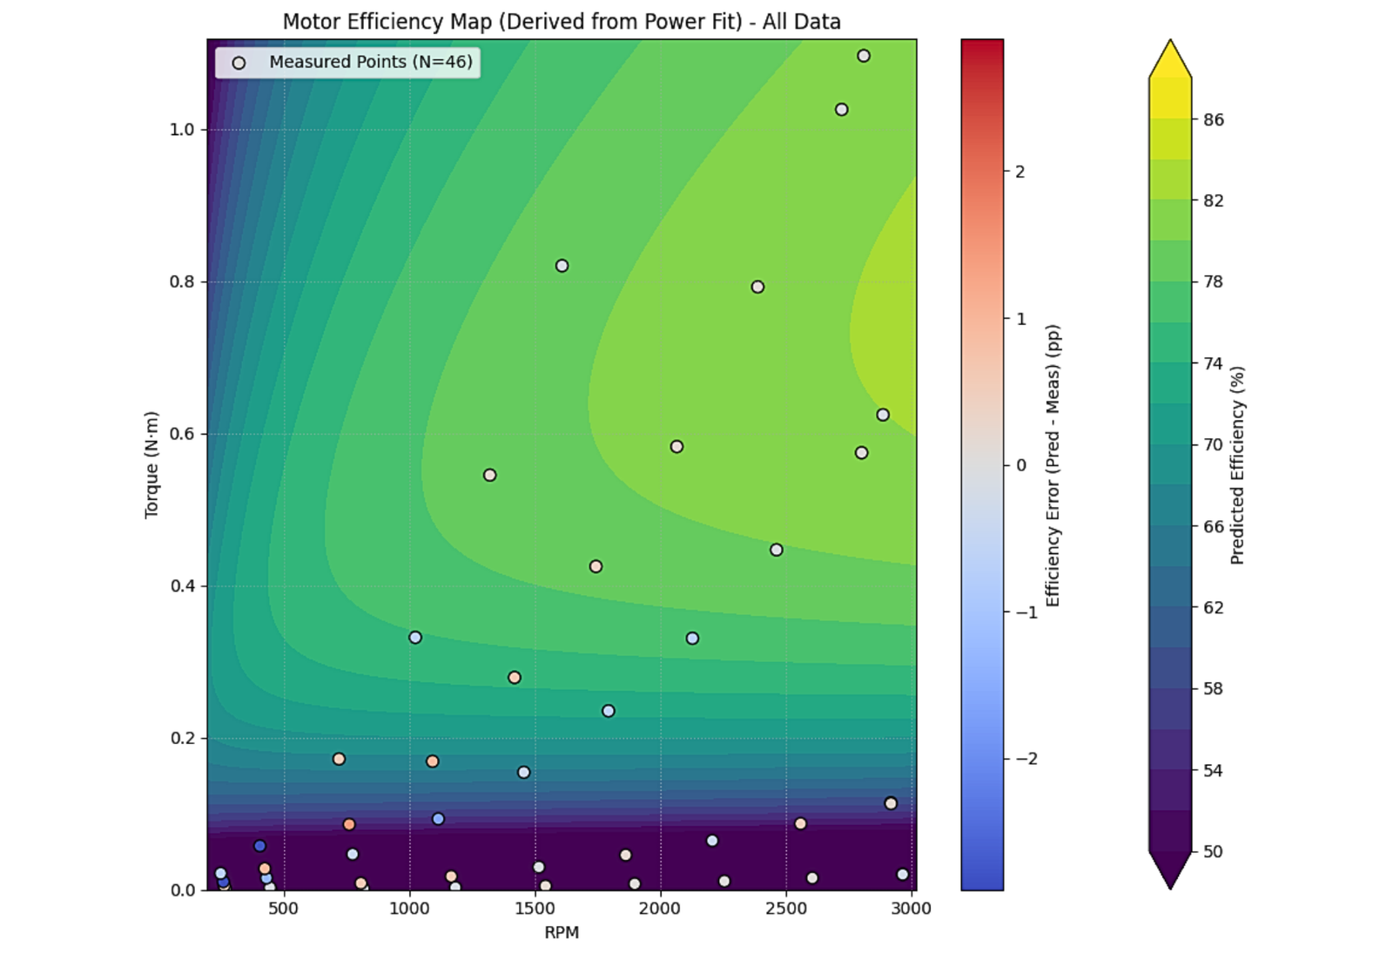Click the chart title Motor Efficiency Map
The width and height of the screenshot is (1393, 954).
tap(562, 22)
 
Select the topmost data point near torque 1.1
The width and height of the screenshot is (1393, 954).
tap(863, 56)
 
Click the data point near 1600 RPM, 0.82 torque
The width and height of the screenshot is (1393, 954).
tap(562, 266)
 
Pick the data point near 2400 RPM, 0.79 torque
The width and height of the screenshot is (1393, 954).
tap(757, 287)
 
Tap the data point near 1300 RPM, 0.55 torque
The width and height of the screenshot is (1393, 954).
tap(489, 475)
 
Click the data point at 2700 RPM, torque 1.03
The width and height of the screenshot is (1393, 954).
tap(841, 110)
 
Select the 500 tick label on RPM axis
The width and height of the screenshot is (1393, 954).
tap(283, 909)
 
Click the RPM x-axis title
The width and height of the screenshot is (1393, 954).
tap(562, 932)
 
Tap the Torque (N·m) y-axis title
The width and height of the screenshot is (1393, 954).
tap(151, 464)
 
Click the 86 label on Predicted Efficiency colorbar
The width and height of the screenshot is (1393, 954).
tap(1213, 120)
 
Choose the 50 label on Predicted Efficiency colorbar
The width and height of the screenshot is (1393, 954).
tap(1213, 851)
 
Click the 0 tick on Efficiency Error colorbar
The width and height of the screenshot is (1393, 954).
tap(1020, 465)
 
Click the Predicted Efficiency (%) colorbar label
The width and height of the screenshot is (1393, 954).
tap(1237, 464)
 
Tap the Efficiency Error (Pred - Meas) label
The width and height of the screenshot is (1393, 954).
tap(1053, 464)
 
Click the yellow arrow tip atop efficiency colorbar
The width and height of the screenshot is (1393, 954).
tap(1170, 44)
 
